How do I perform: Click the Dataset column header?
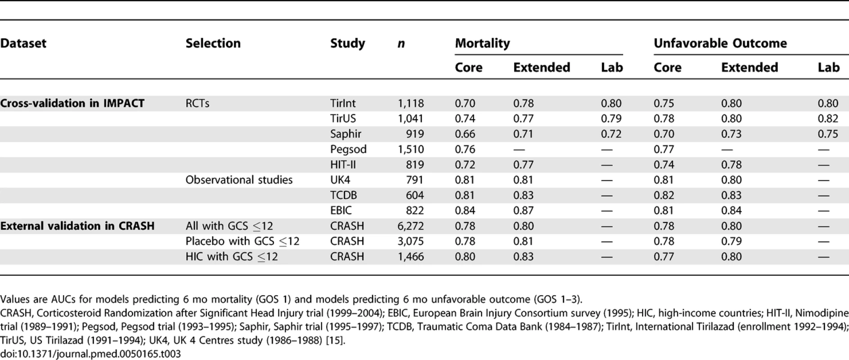(x=23, y=43)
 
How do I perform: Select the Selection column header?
(x=213, y=43)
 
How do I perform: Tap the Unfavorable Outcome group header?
(x=720, y=43)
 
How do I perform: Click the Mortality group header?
(x=482, y=44)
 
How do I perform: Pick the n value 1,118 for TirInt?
(x=410, y=103)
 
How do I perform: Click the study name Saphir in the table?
(x=346, y=134)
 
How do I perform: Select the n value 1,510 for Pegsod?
(x=410, y=149)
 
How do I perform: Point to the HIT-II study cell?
(x=343, y=165)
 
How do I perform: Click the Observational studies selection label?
(x=239, y=180)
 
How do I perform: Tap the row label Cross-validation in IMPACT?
(x=72, y=103)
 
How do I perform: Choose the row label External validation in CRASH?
(x=77, y=226)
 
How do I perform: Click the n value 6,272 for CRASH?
(x=410, y=226)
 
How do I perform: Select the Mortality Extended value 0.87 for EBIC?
(x=523, y=211)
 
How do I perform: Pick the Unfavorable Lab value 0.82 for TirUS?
(x=828, y=119)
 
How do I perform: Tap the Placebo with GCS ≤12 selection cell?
(x=243, y=241)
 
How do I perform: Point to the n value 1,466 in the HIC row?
(x=410, y=256)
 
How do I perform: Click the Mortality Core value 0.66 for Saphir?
(x=465, y=134)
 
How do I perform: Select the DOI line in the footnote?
(x=90, y=354)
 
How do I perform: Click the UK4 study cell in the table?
(x=340, y=180)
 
